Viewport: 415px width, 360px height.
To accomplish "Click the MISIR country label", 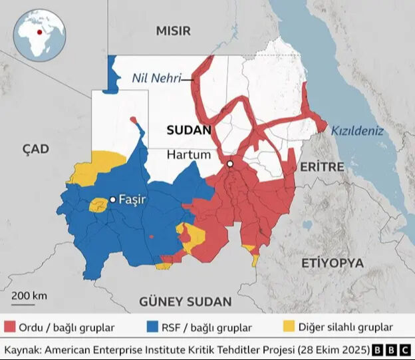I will coord(173,31).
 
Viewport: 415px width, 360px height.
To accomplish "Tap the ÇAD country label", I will coord(35,149).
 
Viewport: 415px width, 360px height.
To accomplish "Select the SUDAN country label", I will coord(188,130).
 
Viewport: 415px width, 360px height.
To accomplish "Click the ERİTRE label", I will coord(321,166).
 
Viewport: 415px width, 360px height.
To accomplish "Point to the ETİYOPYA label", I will coord(332,263).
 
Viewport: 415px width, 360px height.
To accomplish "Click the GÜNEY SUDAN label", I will coord(186,301).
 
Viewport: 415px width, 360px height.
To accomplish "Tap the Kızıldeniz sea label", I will coord(358,131).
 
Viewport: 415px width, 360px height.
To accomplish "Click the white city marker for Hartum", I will coord(229,164).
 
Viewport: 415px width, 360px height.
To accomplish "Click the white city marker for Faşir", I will coord(113,199).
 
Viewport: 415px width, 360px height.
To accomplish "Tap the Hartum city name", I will coord(188,154).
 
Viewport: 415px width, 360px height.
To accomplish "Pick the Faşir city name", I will coord(132,199).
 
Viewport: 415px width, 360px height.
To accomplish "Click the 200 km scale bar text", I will coord(29,295).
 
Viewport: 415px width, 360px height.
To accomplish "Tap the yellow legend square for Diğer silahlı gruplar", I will coord(289,327).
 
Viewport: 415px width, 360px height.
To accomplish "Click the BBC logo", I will coord(391,349).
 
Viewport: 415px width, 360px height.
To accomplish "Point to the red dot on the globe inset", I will coord(40,31).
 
